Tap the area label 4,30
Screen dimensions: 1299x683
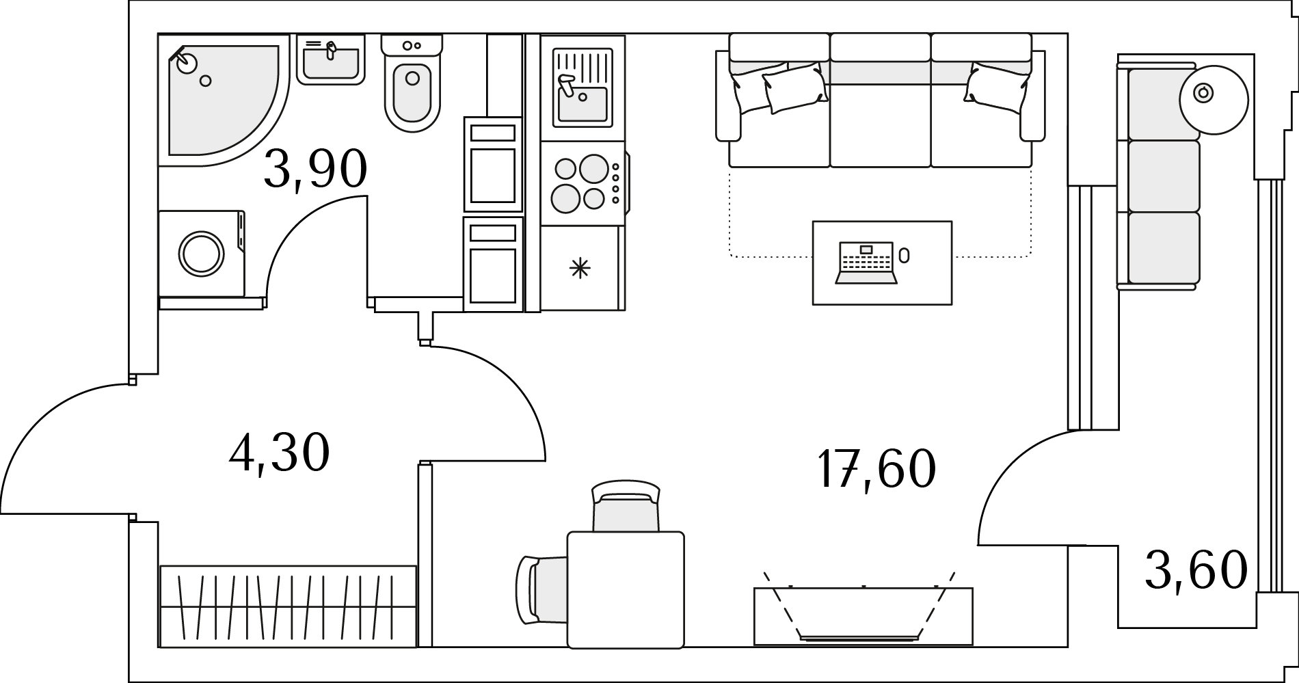point(279,452)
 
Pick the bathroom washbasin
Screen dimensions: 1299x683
point(331,60)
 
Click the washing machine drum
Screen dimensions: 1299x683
point(202,254)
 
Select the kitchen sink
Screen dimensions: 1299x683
point(582,87)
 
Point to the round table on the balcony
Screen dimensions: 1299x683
point(1214,99)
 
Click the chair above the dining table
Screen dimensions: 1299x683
point(626,507)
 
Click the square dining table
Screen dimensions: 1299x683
point(626,590)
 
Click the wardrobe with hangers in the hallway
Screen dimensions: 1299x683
point(288,606)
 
